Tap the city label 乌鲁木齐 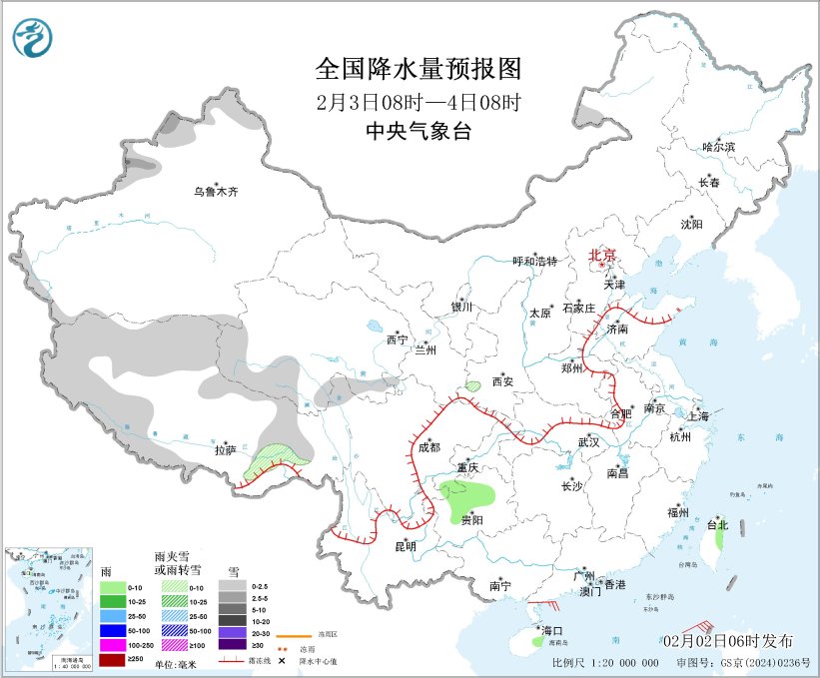(x=217, y=192)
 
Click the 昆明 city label (x=405, y=546)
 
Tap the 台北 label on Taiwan (x=717, y=524)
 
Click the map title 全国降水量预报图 (x=418, y=69)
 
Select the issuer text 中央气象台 (x=418, y=131)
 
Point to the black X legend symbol (x=282, y=661)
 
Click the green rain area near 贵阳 (x=469, y=492)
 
